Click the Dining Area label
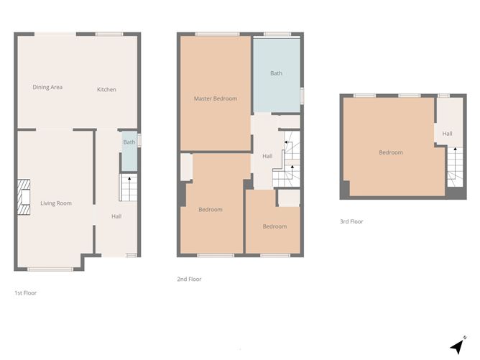point(47,88)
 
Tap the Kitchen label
point(107,90)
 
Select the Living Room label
point(56,203)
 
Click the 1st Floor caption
point(26,293)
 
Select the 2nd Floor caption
point(189,279)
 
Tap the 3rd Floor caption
point(351,222)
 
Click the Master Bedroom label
point(216,98)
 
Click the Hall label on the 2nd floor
point(267,157)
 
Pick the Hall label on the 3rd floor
point(447,134)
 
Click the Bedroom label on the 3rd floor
point(391,152)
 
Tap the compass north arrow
point(457,346)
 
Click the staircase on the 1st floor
point(128,189)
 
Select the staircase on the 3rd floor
point(453,170)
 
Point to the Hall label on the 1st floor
point(116,216)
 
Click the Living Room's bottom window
point(50,269)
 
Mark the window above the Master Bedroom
point(217,34)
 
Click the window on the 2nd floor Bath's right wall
point(302,96)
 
